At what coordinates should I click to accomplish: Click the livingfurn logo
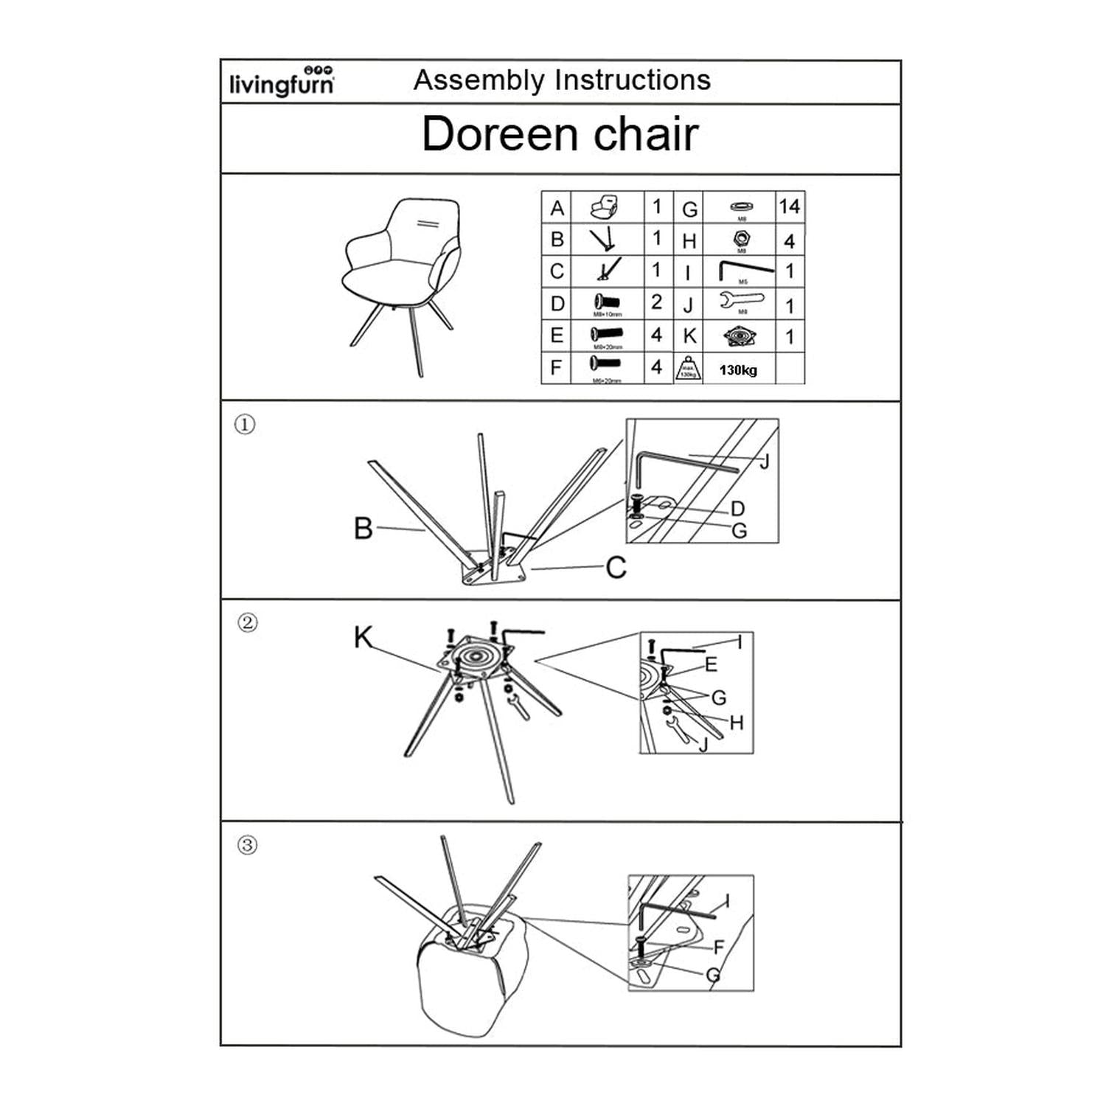(x=282, y=81)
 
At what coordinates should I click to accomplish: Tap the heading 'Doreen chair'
(x=560, y=134)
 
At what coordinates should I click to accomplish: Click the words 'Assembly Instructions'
(x=562, y=80)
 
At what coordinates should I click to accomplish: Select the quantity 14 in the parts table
(x=789, y=206)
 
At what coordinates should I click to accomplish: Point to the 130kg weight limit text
(x=738, y=370)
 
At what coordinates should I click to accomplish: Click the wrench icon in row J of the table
(x=741, y=301)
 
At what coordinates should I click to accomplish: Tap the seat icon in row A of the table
(x=605, y=207)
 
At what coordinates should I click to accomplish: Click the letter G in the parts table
(x=689, y=209)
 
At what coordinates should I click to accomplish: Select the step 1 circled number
(x=245, y=425)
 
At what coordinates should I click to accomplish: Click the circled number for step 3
(x=248, y=844)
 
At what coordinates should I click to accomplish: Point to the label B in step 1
(x=363, y=528)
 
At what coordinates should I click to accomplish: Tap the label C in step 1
(x=616, y=568)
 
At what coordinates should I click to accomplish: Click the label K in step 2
(x=363, y=637)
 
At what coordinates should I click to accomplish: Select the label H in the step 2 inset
(x=736, y=723)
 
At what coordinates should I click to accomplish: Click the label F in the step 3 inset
(x=719, y=947)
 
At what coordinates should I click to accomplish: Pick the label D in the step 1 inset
(x=737, y=508)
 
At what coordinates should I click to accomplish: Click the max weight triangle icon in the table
(x=687, y=367)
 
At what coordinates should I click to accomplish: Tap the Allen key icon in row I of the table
(x=745, y=269)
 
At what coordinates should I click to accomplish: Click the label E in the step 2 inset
(x=711, y=664)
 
